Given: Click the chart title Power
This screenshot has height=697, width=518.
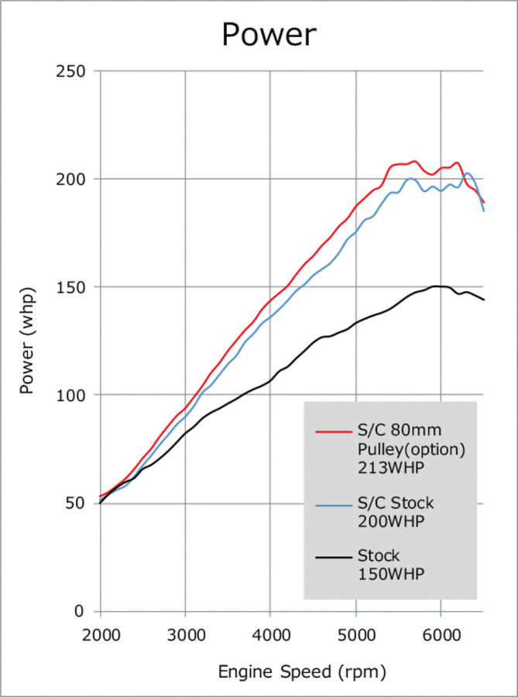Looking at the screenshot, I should (269, 35).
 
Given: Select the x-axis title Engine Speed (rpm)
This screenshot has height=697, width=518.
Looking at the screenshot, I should (301, 671).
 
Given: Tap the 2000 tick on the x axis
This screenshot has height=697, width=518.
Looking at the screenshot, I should (101, 634).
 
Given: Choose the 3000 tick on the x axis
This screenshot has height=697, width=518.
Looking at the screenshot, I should (186, 634).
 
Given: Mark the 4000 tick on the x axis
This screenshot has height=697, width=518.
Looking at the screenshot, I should (270, 634).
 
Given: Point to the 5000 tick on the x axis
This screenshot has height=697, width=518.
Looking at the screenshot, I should (355, 634).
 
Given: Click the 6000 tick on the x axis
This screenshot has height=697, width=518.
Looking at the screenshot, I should (441, 634).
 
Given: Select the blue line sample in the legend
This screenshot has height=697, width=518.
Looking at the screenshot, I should (334, 504).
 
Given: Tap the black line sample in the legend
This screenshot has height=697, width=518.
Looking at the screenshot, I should (334, 557).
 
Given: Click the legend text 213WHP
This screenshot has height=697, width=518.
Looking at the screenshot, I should (392, 467).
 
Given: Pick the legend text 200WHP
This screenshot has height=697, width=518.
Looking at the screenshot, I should (392, 521).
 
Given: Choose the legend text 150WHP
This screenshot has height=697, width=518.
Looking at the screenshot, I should (392, 574).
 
